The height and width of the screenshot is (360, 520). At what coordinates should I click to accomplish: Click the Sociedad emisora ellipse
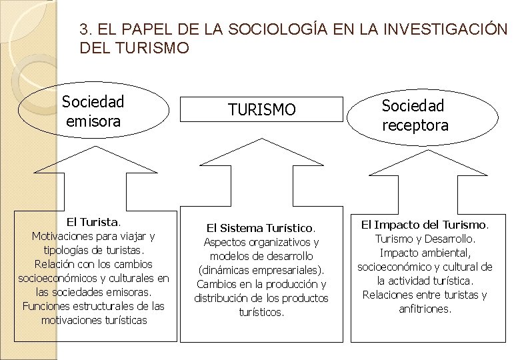click(93, 111)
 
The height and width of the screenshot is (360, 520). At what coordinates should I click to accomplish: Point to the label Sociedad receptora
click(415, 115)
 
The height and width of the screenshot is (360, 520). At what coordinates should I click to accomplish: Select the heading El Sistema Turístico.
click(261, 227)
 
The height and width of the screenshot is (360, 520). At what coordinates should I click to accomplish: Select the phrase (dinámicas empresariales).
click(261, 270)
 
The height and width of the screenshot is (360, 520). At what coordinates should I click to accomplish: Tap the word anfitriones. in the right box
click(425, 309)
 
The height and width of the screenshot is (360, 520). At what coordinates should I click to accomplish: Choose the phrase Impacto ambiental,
click(425, 253)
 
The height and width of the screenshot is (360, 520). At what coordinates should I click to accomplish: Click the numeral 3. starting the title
click(85, 29)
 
